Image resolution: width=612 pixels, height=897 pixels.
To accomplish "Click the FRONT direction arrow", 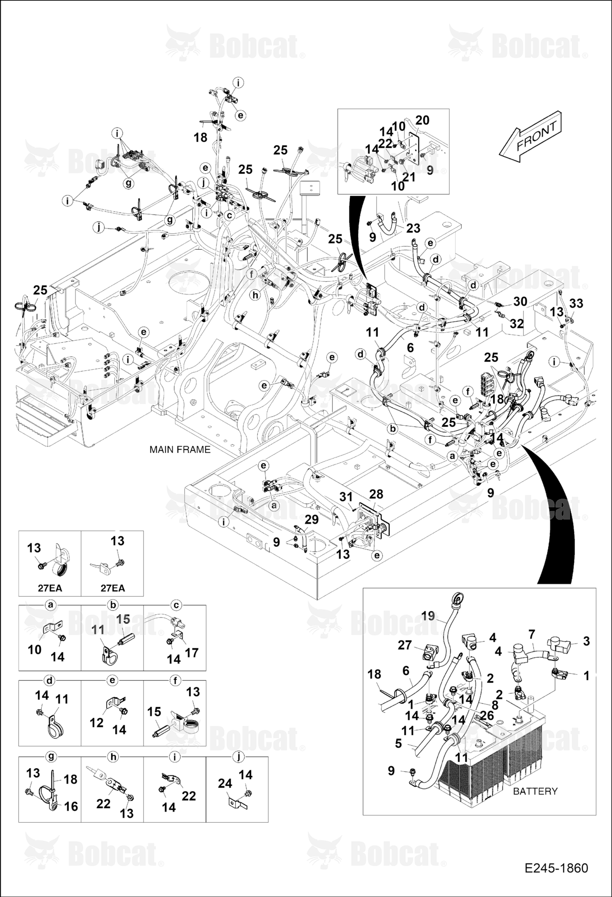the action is click(530, 136).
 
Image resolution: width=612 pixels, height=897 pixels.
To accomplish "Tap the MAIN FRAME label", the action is click(180, 449).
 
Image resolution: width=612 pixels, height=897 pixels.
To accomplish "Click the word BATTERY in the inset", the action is click(535, 791).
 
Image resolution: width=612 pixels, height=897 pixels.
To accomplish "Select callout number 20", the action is click(422, 120).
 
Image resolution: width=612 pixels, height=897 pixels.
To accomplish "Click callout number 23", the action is click(413, 228).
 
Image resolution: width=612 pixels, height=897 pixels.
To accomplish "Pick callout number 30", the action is click(520, 301).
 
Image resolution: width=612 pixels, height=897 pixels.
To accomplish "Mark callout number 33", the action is click(576, 304).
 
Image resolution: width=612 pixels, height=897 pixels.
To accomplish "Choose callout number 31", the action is click(346, 497).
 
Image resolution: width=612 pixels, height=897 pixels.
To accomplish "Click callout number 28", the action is click(376, 494).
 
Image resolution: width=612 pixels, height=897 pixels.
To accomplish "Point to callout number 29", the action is click(312, 519).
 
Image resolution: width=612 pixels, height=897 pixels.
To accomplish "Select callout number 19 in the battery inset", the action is click(428, 616).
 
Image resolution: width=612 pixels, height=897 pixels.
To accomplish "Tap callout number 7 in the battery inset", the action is click(532, 635).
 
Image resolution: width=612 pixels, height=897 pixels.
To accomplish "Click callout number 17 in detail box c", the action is click(191, 653).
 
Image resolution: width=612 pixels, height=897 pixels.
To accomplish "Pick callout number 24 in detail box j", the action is click(225, 784).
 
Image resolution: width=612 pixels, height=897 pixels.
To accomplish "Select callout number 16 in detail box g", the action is click(71, 806).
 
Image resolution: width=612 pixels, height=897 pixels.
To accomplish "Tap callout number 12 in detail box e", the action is click(96, 723).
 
